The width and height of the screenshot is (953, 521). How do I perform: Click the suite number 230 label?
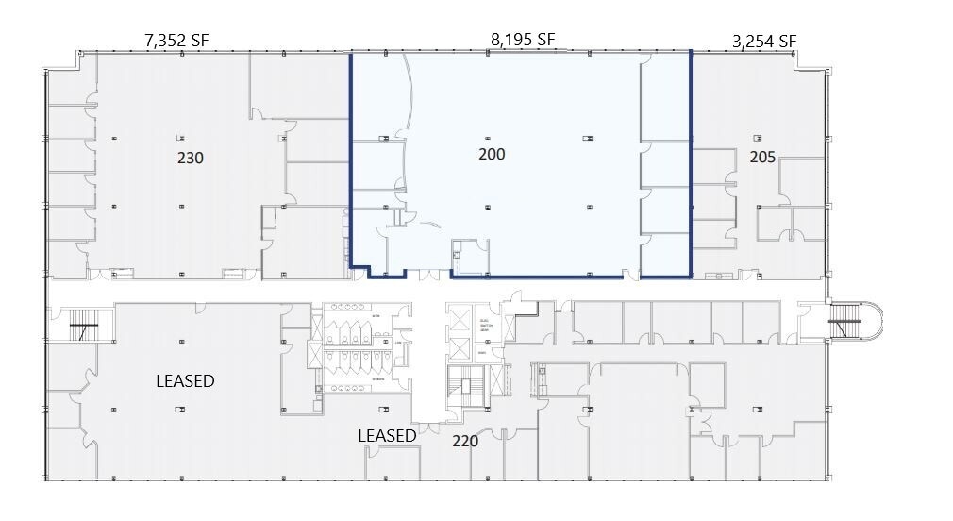point(191,158)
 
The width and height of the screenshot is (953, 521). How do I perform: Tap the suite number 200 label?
point(492,154)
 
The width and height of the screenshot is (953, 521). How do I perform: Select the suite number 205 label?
point(762,158)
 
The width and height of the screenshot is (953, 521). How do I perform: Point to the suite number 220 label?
point(465,441)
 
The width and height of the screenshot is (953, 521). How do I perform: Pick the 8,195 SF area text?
point(523,40)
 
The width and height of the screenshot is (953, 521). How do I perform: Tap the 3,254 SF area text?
point(764,41)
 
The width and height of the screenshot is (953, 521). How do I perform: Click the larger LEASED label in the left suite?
point(185,381)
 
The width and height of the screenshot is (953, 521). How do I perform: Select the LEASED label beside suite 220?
point(387,435)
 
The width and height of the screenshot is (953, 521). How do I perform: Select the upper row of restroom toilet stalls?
point(350,332)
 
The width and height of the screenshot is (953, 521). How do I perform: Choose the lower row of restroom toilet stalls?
point(350,363)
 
